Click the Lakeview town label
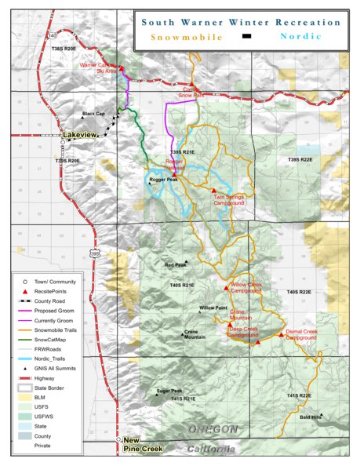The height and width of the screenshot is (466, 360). click(x=81, y=136)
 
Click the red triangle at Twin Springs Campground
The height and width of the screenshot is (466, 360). click(x=213, y=190)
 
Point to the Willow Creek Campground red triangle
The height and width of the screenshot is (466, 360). click(x=227, y=284)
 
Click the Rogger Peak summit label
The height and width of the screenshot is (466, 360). click(x=165, y=180)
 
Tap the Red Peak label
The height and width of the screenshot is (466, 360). click(x=176, y=265)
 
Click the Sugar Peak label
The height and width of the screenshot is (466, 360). click(x=169, y=391)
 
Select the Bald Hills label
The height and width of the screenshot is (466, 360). click(x=311, y=417)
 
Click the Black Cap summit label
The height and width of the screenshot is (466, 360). click(x=94, y=114)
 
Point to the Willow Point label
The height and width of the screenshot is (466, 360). click(x=213, y=308)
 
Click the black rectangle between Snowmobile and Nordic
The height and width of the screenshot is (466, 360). click(x=246, y=36)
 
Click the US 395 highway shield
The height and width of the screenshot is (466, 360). click(x=94, y=253)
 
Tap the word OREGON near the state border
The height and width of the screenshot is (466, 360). click(x=213, y=429)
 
